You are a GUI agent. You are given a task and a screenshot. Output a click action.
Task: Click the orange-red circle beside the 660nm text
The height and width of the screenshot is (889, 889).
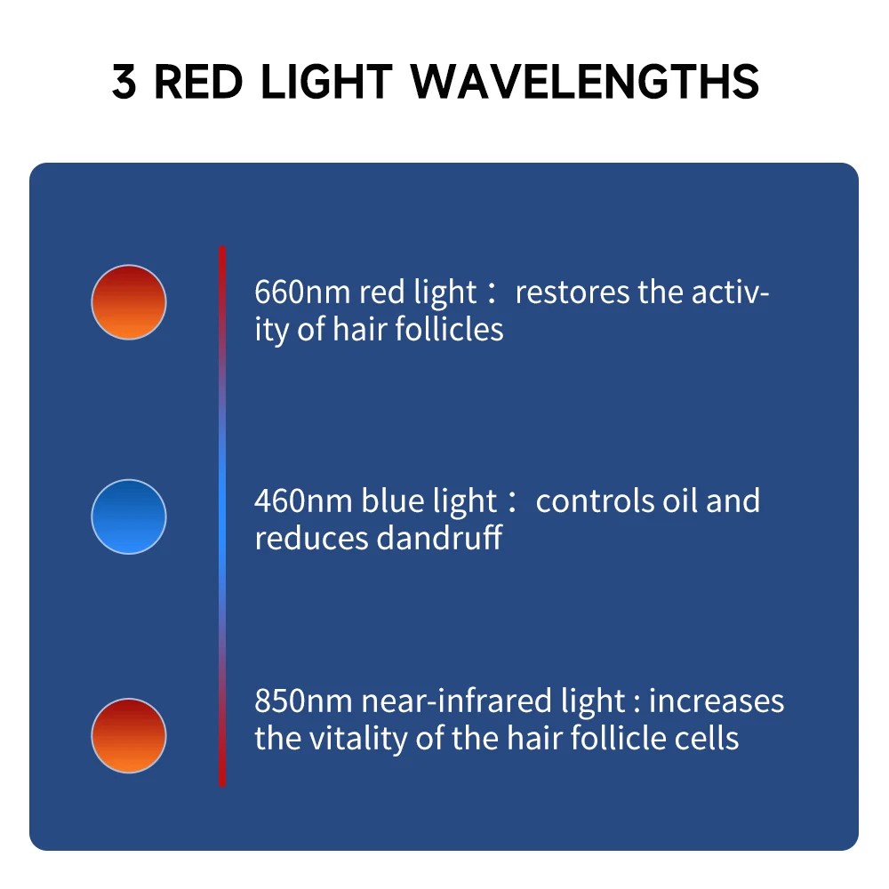(x=129, y=301)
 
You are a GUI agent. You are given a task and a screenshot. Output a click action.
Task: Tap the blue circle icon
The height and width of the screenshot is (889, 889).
(x=129, y=517)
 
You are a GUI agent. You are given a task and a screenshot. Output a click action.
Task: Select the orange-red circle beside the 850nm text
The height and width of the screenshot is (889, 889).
(x=129, y=735)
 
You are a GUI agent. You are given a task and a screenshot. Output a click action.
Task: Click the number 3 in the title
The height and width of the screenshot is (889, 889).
(x=125, y=82)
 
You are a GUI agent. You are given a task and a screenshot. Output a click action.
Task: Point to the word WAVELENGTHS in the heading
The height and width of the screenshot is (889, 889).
(x=585, y=82)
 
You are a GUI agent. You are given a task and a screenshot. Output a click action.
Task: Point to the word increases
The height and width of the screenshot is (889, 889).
(x=717, y=701)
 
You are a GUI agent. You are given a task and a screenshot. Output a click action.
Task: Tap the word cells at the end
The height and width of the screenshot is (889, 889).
(x=709, y=739)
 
